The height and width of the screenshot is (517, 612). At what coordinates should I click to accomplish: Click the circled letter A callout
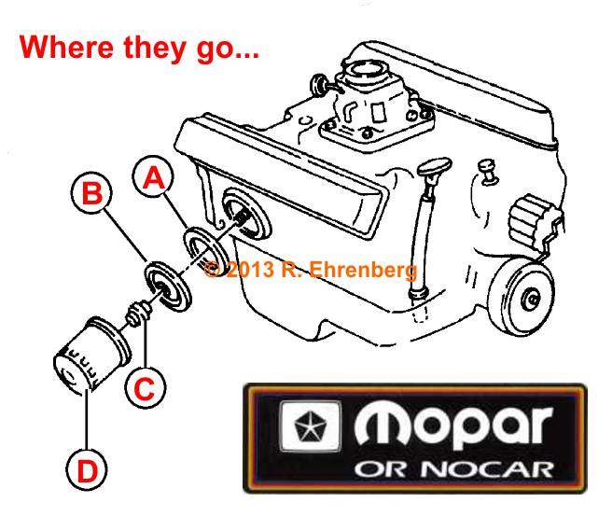pyautogui.click(x=153, y=176)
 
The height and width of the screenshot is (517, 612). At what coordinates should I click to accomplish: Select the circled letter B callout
pyautogui.click(x=91, y=192)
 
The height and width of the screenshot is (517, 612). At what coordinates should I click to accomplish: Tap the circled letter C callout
pyautogui.click(x=146, y=387)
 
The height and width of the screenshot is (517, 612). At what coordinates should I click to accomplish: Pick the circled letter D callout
pyautogui.click(x=86, y=469)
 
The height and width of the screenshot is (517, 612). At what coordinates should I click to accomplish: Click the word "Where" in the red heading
pyautogui.click(x=66, y=47)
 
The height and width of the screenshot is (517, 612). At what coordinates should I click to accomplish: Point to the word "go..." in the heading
pyautogui.click(x=228, y=49)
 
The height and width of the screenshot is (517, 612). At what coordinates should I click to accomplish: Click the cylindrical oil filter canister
pyautogui.click(x=91, y=354)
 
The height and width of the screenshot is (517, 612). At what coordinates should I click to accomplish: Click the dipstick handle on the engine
pyautogui.click(x=434, y=166)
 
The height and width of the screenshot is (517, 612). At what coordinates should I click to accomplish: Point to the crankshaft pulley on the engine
pyautogui.click(x=522, y=297)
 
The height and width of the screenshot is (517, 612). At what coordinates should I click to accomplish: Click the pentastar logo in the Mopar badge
pyautogui.click(x=311, y=426)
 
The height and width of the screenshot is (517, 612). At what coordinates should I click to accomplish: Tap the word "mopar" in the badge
pyautogui.click(x=453, y=426)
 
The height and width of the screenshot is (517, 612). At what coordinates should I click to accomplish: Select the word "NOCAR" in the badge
pyautogui.click(x=487, y=469)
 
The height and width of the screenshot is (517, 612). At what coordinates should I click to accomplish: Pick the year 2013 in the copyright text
pyautogui.click(x=250, y=270)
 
